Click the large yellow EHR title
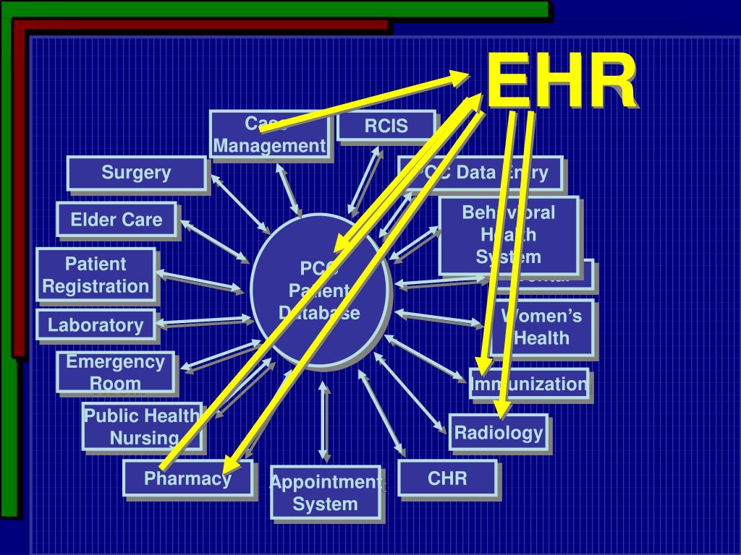point(562,83)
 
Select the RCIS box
point(386,126)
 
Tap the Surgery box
point(136,173)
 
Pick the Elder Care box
point(117,220)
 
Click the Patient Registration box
point(96,275)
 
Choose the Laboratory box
point(96,325)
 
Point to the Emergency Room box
point(116,372)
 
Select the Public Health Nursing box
point(142,426)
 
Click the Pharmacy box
point(187,478)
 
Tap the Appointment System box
point(325,494)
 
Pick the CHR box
point(447,478)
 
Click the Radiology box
point(498,433)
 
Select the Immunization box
point(530,384)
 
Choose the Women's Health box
point(542,327)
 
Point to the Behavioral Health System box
point(509,235)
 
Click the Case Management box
point(269,135)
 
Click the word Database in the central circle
point(319,313)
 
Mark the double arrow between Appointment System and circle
point(324,422)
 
